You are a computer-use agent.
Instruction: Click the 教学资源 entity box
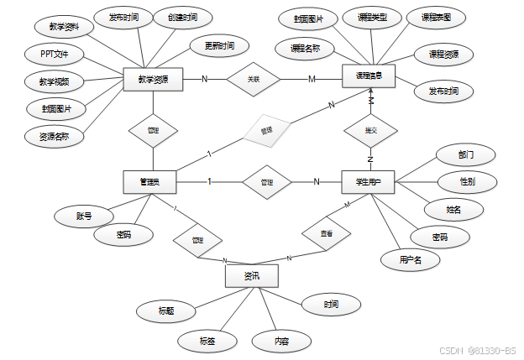pos(152,80)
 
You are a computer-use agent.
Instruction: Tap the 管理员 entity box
pos(152,181)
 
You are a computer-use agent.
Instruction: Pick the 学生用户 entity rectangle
pos(369,181)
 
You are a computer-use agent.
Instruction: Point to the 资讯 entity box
pos(252,275)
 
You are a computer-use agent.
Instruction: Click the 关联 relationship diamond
pos(254,80)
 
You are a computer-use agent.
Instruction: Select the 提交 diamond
pos(370,131)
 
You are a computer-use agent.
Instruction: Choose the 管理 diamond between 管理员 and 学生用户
pos(267,181)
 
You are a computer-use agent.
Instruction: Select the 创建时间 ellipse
pos(182,18)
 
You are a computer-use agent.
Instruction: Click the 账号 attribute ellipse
pos(83,217)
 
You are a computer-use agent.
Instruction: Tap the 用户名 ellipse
pos(406,260)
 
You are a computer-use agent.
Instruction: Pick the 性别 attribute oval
pos(467,181)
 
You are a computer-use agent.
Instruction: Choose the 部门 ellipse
pos(465,155)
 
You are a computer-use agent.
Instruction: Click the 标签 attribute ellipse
pos(207,341)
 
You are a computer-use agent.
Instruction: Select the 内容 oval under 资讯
pos(282,342)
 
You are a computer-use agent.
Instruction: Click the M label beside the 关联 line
pos(312,80)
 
